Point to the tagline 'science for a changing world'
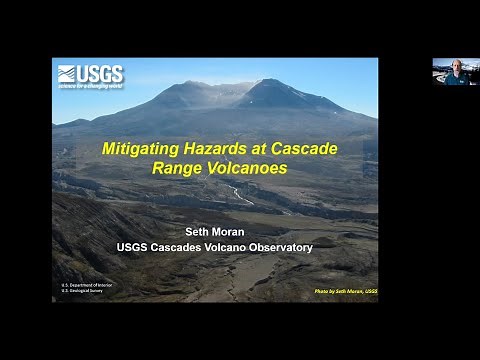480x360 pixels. [90, 85]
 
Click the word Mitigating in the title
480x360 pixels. [141, 149]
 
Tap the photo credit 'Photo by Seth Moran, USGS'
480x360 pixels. [334, 292]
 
